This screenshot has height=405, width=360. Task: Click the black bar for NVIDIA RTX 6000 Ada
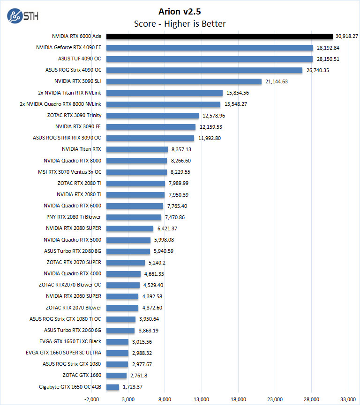(219, 36)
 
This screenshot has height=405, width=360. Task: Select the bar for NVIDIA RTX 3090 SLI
(184, 81)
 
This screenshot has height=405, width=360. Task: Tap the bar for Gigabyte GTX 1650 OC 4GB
(112, 387)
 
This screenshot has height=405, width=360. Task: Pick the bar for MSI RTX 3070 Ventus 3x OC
(136, 172)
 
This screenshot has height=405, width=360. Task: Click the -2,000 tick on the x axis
(91, 399)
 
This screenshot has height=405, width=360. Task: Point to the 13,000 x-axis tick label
(202, 399)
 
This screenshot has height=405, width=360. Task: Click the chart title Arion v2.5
(180, 11)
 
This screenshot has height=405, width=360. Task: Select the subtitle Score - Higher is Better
(180, 23)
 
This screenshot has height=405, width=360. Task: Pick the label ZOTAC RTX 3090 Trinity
(74, 115)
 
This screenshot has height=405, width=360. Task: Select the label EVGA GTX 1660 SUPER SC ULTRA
(70, 353)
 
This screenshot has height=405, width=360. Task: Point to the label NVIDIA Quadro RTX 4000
(72, 273)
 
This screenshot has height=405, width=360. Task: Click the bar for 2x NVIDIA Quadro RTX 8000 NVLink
(163, 104)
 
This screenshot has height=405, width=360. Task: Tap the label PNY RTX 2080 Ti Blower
(74, 217)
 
